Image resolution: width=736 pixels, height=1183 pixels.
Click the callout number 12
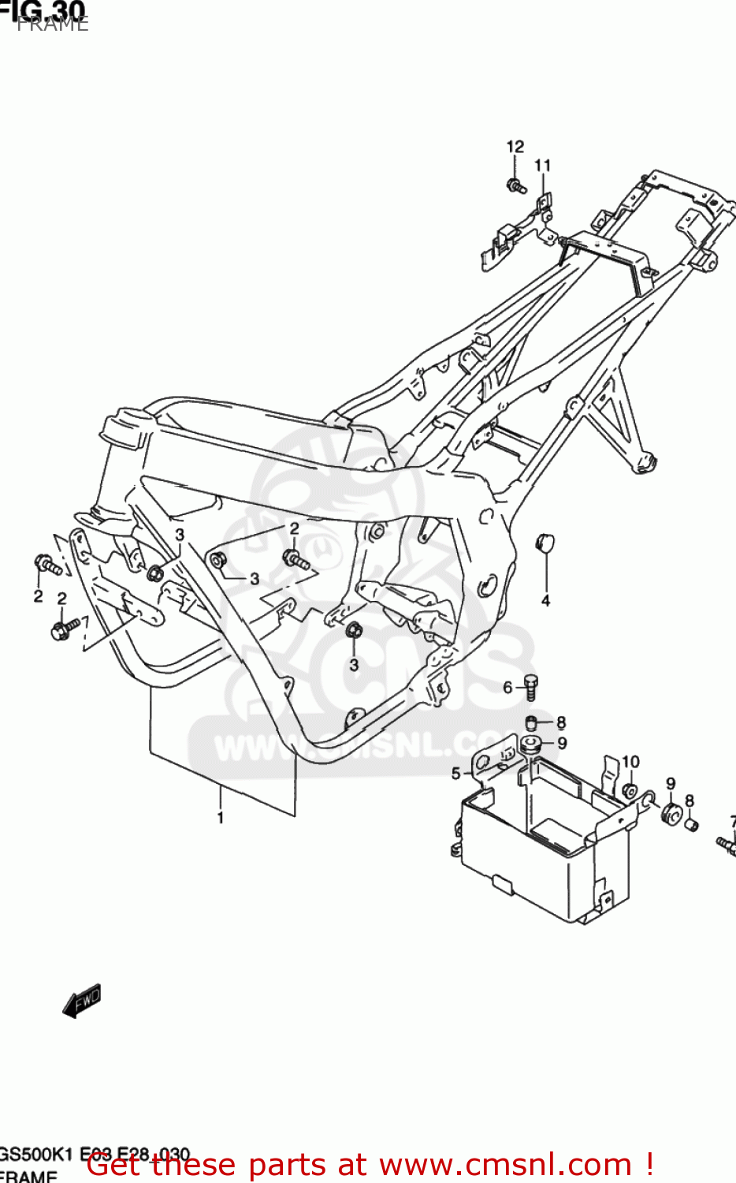[x=515, y=147]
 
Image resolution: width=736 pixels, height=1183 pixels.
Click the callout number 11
[x=542, y=166]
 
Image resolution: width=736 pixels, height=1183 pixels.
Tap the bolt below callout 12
[x=515, y=187]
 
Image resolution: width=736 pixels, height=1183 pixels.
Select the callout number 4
[x=545, y=601]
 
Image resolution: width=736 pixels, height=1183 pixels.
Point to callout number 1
[x=221, y=818]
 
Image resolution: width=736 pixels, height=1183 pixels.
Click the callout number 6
[x=508, y=688]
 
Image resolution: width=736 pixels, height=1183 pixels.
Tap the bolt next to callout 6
[x=532, y=686]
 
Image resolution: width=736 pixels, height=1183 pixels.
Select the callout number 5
[x=455, y=774]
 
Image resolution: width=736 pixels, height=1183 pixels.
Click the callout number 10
[x=630, y=762]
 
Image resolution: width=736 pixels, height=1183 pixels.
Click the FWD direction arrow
[x=82, y=1001]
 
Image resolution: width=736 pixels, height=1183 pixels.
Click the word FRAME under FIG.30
[x=53, y=24]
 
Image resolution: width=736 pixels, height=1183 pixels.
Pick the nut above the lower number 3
[x=354, y=630]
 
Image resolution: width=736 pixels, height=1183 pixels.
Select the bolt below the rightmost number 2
[x=296, y=560]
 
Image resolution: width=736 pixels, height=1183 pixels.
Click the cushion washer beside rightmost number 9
[x=671, y=812]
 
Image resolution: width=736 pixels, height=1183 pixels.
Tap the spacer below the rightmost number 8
[x=690, y=825]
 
